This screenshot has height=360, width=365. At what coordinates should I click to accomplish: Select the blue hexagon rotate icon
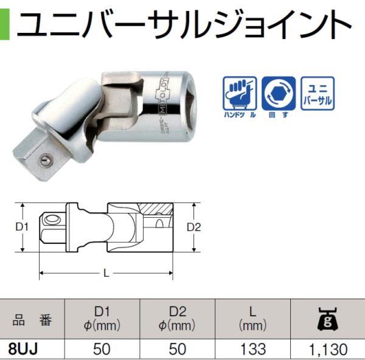coord(278,92)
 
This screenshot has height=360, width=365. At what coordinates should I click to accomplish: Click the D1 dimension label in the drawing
coord(22,227)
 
